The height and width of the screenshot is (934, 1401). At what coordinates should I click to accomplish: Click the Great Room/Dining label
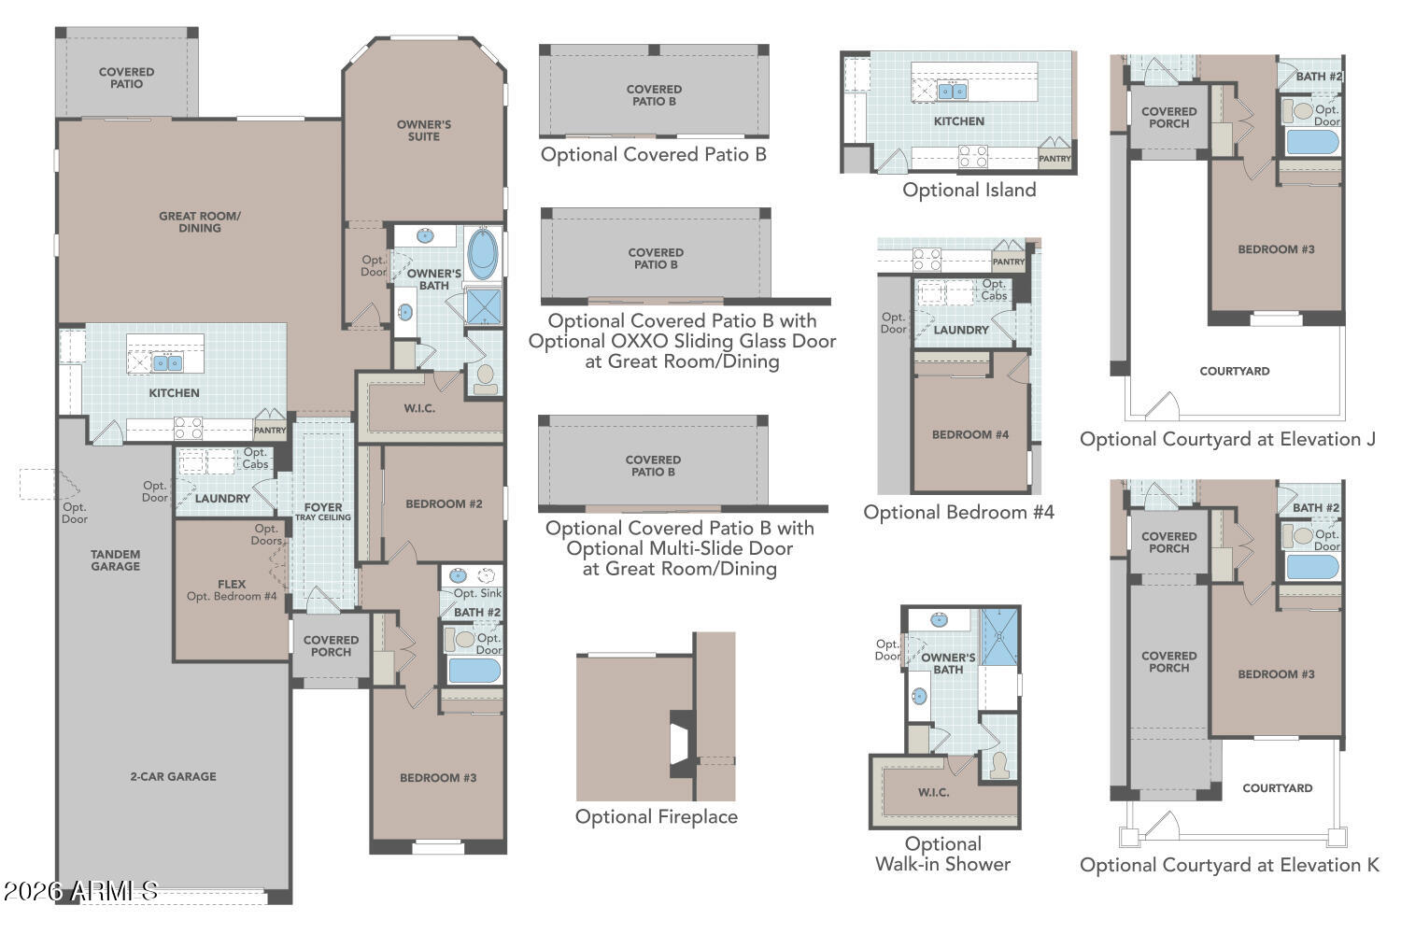point(200,222)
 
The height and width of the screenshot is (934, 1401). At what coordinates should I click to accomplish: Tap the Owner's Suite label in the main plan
point(423,130)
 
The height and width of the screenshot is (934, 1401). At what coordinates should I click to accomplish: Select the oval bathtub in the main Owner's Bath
point(483,253)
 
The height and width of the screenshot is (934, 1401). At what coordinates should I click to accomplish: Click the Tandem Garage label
point(116,559)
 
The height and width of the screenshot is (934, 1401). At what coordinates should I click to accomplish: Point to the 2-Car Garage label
point(173,776)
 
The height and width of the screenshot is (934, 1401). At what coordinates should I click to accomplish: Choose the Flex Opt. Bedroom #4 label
point(232,590)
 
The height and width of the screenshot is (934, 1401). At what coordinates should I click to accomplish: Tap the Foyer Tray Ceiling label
point(323,512)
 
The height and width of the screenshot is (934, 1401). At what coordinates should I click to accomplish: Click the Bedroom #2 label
point(444,503)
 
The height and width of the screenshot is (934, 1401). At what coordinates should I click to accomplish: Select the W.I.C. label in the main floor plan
point(419,408)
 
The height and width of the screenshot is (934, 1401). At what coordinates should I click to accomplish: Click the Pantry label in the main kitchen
point(270,431)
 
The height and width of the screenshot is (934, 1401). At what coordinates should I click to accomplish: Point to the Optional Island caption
point(969,190)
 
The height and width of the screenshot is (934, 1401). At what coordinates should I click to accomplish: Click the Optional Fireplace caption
point(656,816)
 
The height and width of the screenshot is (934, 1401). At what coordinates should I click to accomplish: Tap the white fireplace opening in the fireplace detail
point(679,744)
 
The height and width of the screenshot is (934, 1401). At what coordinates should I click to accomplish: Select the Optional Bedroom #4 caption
point(959,513)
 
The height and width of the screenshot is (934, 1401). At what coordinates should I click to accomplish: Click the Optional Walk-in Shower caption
point(942,854)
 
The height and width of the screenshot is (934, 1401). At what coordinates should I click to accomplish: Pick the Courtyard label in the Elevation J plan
point(1234,371)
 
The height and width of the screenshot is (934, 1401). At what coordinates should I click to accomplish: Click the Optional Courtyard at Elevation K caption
point(1229,865)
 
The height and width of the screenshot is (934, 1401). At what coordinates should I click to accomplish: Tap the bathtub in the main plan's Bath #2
point(474,671)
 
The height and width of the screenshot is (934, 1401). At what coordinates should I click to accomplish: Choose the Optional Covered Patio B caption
point(654,154)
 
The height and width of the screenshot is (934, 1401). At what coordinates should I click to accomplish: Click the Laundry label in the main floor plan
point(222,499)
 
